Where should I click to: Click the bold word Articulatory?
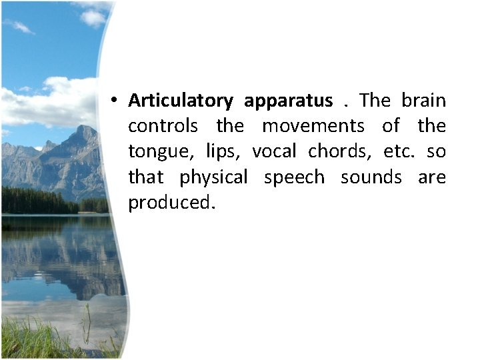tap(180, 101)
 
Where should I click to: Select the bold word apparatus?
tap(288, 101)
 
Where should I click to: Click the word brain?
tap(423, 101)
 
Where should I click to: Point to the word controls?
tap(163, 126)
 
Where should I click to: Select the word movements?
tap(313, 126)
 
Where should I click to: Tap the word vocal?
tap(274, 151)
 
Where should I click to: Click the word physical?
tap(213, 178)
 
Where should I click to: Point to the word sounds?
tap(371, 177)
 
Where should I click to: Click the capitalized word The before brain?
tap(375, 101)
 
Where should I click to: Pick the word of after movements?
tap(391, 126)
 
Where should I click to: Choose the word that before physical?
tap(145, 177)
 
